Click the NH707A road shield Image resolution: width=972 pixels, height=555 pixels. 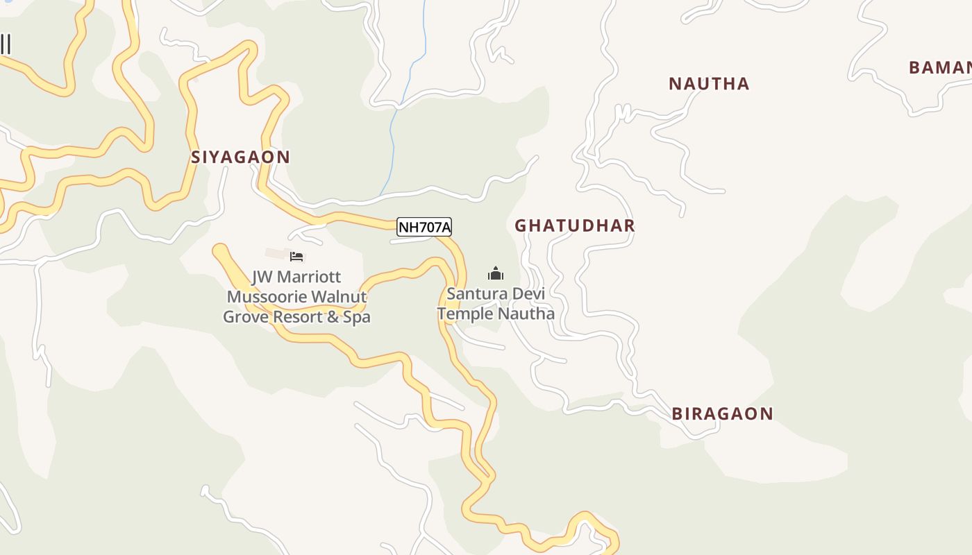point(424,227)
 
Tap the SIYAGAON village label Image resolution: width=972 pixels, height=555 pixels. point(240,157)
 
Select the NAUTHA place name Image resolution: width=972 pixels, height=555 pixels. point(709,84)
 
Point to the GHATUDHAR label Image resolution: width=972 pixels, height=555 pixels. point(575,225)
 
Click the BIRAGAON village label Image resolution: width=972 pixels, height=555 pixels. point(722,413)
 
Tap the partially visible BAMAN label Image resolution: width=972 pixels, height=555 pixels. point(940,68)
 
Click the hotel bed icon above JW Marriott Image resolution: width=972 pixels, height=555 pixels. point(296,257)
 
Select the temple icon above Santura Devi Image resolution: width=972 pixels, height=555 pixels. point(495,273)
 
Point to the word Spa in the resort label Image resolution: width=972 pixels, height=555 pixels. point(358,317)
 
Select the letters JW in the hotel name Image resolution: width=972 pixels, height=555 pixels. point(261,277)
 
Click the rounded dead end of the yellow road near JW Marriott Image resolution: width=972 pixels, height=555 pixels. point(221,251)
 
